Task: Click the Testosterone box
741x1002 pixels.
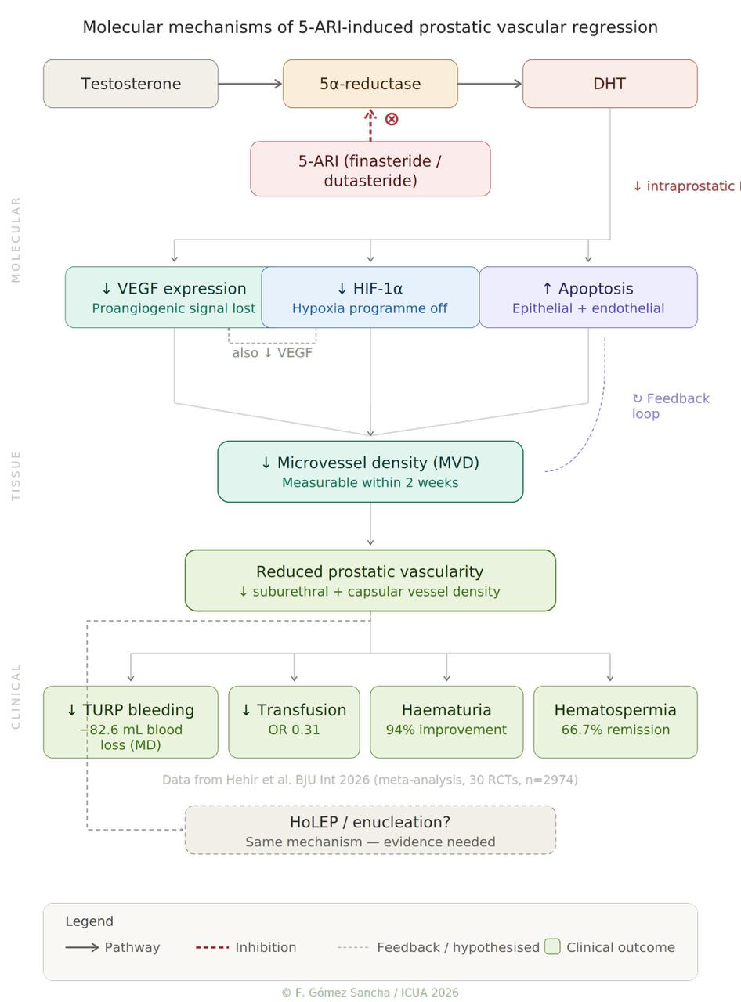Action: tap(130, 84)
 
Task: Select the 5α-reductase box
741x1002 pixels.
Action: tap(370, 84)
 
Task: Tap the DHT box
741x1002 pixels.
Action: tap(609, 84)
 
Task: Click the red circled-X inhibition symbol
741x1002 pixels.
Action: tap(392, 119)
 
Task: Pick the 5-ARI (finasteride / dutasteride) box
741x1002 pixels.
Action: tap(370, 169)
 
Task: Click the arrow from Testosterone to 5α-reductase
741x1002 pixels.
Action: tap(250, 84)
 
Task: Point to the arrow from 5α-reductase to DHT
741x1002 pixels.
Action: tap(490, 84)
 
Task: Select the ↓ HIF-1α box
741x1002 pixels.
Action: tap(370, 297)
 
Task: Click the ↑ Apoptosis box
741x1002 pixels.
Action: tap(587, 297)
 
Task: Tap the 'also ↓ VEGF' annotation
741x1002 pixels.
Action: tap(272, 353)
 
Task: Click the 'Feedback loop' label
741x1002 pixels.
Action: tap(670, 405)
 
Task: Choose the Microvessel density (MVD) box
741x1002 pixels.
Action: tap(370, 471)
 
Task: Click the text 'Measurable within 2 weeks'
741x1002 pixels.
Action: tap(370, 483)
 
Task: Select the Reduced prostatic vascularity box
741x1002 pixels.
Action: tap(370, 580)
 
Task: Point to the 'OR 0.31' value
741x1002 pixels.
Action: tap(294, 730)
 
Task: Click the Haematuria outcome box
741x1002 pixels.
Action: tap(446, 721)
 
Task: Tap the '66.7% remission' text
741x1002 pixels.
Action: tap(615, 730)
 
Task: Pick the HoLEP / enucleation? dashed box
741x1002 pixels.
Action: tap(370, 830)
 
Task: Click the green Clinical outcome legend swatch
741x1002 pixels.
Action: tap(552, 946)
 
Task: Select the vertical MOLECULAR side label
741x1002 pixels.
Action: tap(16, 240)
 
